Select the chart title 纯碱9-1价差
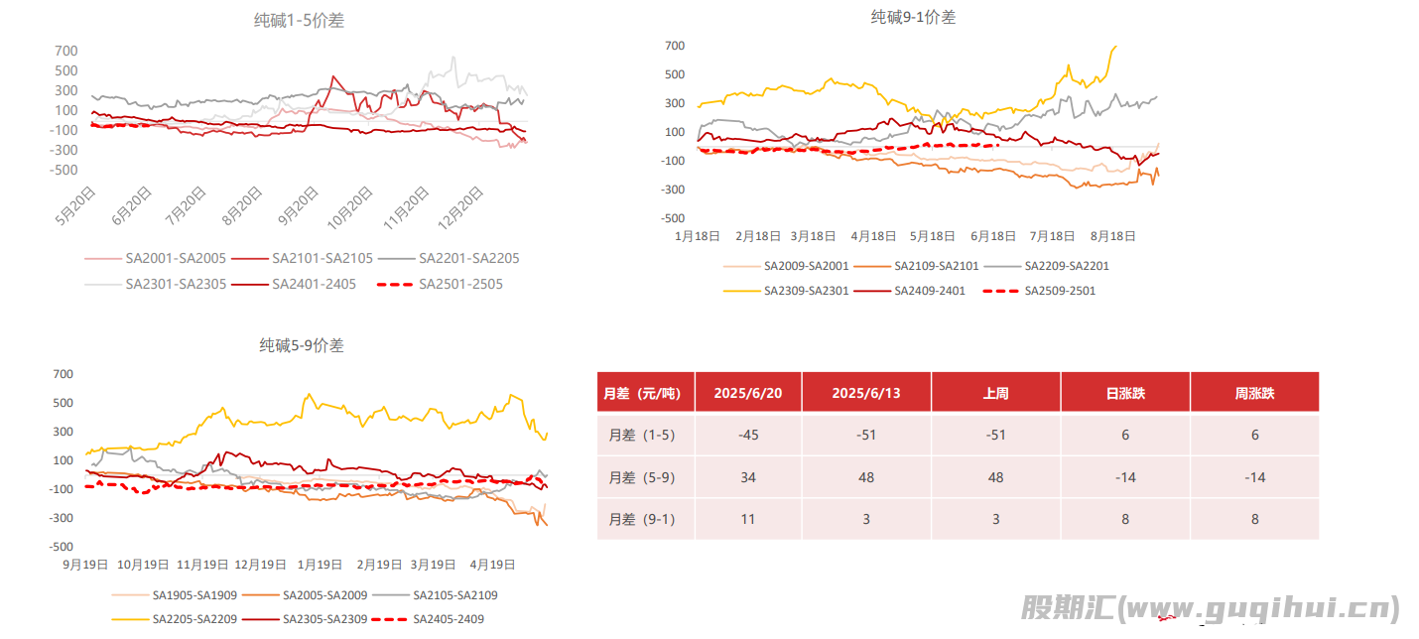coord(913,17)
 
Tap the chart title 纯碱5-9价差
coord(302,345)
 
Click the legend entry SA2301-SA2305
coord(176,284)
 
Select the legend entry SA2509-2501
coord(1059,291)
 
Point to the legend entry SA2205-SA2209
coord(194,619)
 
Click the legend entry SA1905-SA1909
coord(194,595)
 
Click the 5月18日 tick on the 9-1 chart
coord(933,236)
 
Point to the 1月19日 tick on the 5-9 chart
coord(320,565)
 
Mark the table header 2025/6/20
coord(748,393)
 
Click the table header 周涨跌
coord(1254,393)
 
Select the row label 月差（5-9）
coord(642,477)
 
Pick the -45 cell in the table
coord(748,435)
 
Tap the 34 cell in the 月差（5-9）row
coord(748,477)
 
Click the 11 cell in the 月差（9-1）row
coord(748,519)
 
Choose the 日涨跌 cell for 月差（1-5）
coord(1125,435)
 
